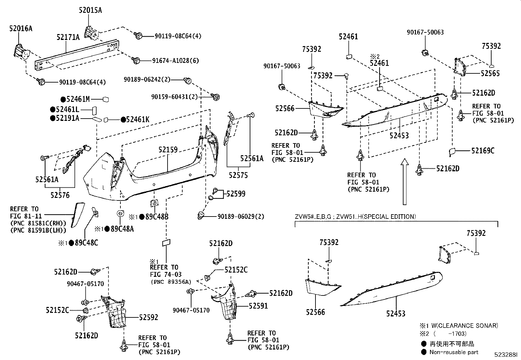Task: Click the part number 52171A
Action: (x=68, y=37)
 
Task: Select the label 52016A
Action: (x=21, y=29)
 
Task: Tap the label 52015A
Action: (x=90, y=10)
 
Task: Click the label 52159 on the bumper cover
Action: (x=168, y=150)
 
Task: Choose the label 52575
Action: (x=238, y=175)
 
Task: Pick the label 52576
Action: (x=60, y=195)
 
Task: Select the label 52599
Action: (x=236, y=194)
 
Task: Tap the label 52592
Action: (x=149, y=317)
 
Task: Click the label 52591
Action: (x=258, y=306)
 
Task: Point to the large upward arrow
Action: (x=405, y=181)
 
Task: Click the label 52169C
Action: (x=483, y=151)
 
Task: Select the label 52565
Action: (x=490, y=73)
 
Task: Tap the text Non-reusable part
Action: (x=454, y=352)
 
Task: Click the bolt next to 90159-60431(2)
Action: (x=216, y=97)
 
